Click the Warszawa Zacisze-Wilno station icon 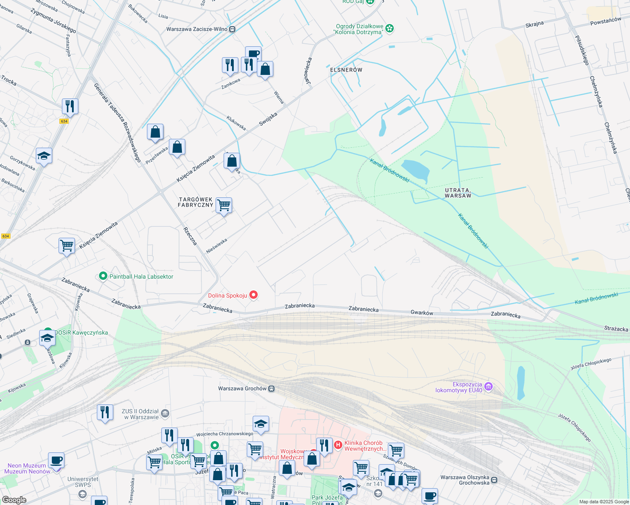click(x=232, y=29)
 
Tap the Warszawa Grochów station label click(x=242, y=388)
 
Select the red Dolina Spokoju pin click(x=254, y=295)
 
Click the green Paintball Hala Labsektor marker click(x=103, y=276)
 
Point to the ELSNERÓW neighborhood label click(x=346, y=70)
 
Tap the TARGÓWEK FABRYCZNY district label click(x=195, y=202)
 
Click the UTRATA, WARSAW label click(x=458, y=193)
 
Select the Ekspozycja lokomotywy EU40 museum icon click(x=489, y=386)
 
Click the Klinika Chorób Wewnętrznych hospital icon click(x=338, y=444)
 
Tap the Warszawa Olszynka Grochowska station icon click(x=494, y=480)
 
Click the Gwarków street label click(x=422, y=313)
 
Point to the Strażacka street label click(x=616, y=329)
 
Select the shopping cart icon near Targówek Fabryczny click(x=224, y=206)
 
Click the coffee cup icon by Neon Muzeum click(x=56, y=460)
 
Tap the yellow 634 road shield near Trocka click(x=64, y=121)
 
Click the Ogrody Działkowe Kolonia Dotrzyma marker click(x=390, y=29)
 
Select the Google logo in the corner click(x=14, y=500)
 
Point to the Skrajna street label click(x=534, y=24)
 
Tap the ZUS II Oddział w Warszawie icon click(x=165, y=414)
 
